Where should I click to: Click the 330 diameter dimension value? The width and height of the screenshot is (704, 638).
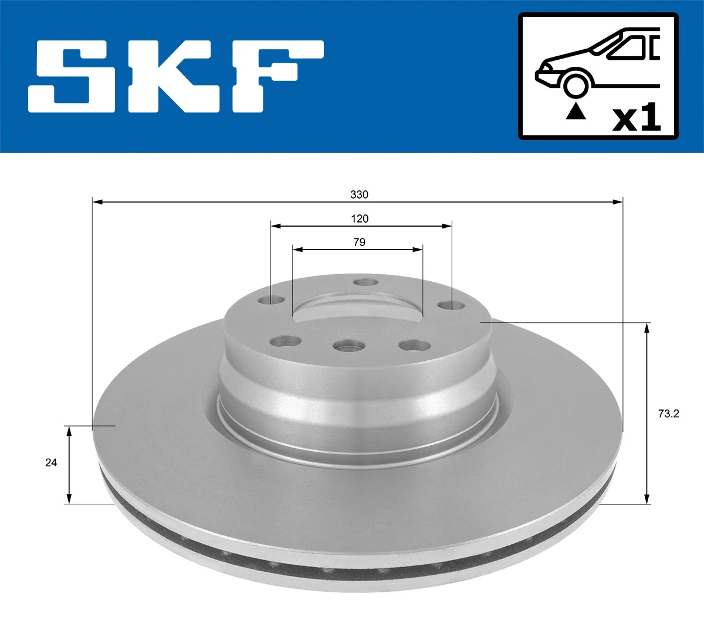coord(359,195)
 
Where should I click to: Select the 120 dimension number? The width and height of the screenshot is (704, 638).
coord(360,219)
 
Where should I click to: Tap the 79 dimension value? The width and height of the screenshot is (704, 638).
coord(359,242)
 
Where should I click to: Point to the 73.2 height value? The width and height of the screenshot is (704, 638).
coord(668,414)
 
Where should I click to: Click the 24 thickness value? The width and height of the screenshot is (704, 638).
coord(51,463)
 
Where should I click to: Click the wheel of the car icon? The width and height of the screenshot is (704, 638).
coord(576,83)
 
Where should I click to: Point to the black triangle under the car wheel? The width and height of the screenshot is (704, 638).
coord(576,111)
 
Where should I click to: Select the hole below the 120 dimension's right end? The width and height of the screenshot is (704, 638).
coord(450,305)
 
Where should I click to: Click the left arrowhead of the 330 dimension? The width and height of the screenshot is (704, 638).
coord(97,202)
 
